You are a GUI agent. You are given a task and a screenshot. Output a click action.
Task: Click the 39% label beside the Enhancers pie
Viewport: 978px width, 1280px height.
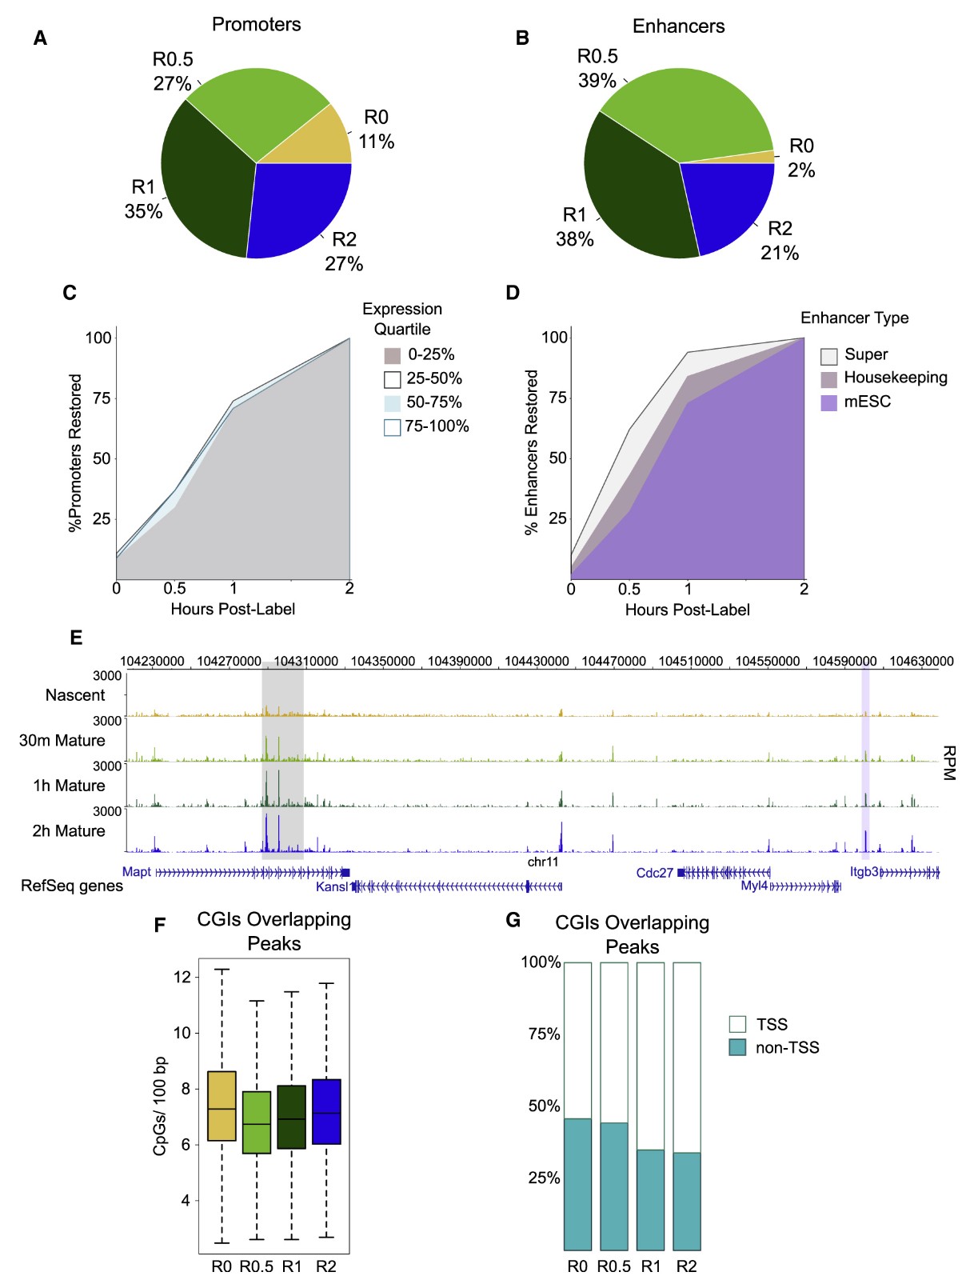(x=597, y=81)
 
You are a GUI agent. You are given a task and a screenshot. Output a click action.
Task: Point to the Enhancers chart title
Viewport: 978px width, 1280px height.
(x=678, y=26)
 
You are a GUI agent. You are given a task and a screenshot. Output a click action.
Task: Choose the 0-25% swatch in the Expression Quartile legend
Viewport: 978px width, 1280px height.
(x=392, y=355)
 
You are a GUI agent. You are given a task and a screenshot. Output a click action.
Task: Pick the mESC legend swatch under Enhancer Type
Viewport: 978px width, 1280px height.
(x=829, y=402)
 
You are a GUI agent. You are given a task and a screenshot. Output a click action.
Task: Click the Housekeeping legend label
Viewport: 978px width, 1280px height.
(x=895, y=378)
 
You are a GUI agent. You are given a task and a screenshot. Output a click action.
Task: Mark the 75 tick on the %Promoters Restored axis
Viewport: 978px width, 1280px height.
(x=101, y=398)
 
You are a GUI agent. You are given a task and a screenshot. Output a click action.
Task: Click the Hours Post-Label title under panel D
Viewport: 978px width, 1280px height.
(x=687, y=610)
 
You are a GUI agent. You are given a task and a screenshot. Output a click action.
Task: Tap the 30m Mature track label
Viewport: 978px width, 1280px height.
(x=62, y=741)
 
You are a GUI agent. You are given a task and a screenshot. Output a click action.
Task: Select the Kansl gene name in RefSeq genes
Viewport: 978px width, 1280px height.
(x=332, y=886)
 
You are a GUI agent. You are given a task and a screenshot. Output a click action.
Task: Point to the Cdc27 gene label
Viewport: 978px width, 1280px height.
(x=654, y=873)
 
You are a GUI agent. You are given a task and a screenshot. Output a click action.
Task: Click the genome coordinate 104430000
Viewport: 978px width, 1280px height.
(x=537, y=662)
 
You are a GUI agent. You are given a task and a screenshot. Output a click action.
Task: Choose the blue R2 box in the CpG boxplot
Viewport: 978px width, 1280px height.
(x=326, y=1112)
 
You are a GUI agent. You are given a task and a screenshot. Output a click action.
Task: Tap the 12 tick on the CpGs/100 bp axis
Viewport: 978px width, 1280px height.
(x=182, y=978)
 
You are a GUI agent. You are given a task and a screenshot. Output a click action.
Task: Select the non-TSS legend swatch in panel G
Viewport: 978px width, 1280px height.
(x=737, y=1048)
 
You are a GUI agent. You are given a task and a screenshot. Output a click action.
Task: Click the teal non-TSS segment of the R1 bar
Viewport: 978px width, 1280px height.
(x=650, y=1200)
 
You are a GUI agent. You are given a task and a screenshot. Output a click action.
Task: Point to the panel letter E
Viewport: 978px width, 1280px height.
(x=76, y=638)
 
